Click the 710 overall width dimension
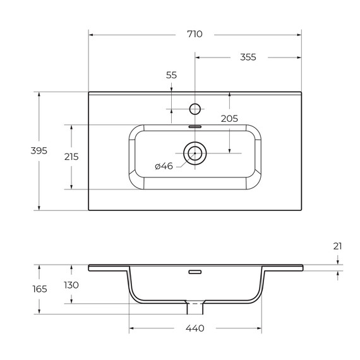(195, 34)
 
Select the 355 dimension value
(248, 57)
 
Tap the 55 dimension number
(171, 75)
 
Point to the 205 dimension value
(229, 119)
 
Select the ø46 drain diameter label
(164, 166)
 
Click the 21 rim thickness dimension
(337, 246)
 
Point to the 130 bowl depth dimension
(71, 285)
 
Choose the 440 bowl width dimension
(195, 328)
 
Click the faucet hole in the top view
(195, 109)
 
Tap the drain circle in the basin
(195, 153)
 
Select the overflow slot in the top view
(195, 126)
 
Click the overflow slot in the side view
(195, 273)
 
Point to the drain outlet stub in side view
(195, 308)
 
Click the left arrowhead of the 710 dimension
(91, 34)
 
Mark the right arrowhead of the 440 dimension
(259, 328)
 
